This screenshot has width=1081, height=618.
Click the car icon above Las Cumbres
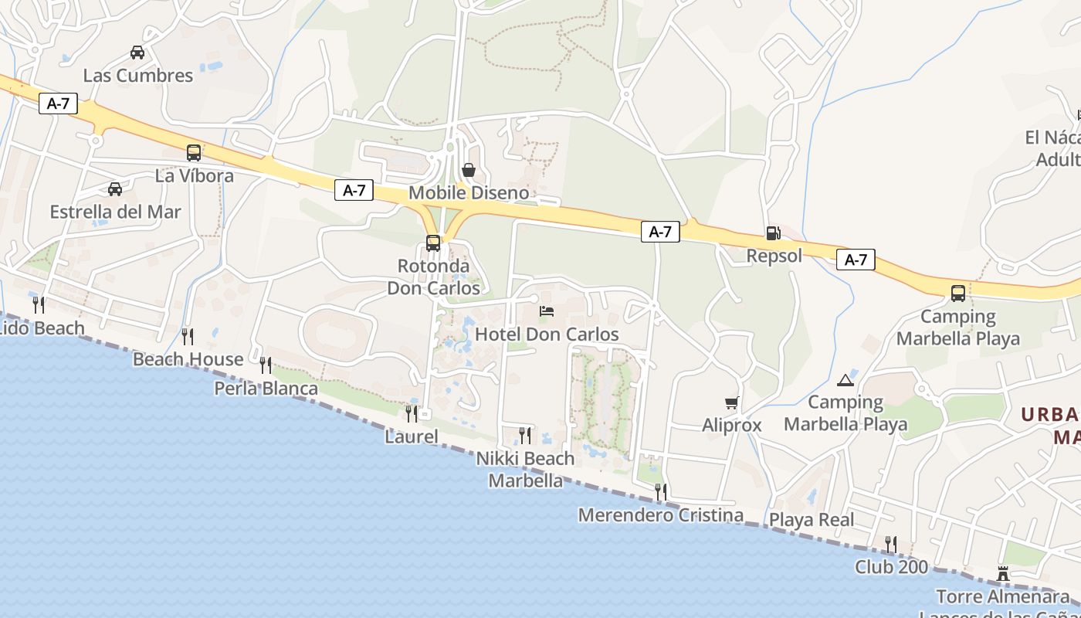click(137, 53)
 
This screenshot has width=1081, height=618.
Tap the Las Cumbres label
click(137, 76)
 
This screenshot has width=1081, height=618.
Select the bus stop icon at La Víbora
click(194, 153)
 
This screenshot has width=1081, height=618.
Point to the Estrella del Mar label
click(115, 212)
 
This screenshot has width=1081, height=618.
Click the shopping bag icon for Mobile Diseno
click(468, 170)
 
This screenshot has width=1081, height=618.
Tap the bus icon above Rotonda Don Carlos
click(433, 243)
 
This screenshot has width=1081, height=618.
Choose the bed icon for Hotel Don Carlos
click(547, 311)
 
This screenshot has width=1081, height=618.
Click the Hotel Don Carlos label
click(547, 334)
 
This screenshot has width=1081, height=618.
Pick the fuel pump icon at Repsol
click(772, 233)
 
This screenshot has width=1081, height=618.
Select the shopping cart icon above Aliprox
click(731, 402)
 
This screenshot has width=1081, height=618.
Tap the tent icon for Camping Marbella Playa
click(845, 380)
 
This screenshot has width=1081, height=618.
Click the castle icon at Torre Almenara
click(1003, 574)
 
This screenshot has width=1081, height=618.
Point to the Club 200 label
click(891, 567)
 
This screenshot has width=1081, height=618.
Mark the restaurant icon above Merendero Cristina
click(660, 491)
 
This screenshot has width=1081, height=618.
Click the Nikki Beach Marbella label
click(525, 469)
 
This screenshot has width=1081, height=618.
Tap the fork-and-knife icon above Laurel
click(412, 414)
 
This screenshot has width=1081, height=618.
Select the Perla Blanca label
click(266, 388)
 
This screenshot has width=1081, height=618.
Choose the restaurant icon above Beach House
click(187, 336)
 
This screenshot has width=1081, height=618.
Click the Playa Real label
click(812, 520)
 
